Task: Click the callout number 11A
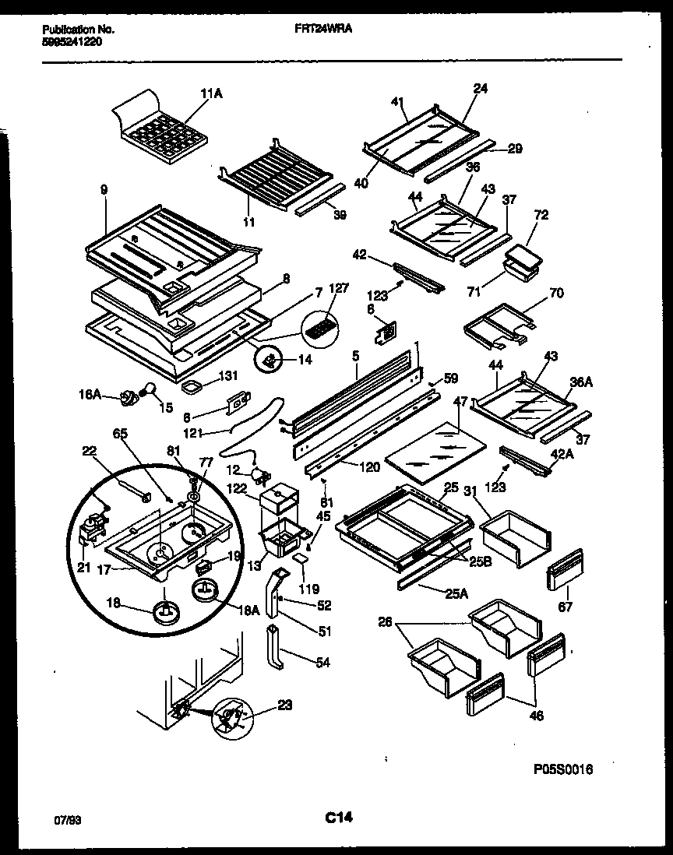tap(211, 93)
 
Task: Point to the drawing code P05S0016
tap(562, 769)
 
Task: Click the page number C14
tap(336, 818)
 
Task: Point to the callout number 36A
tap(580, 382)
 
